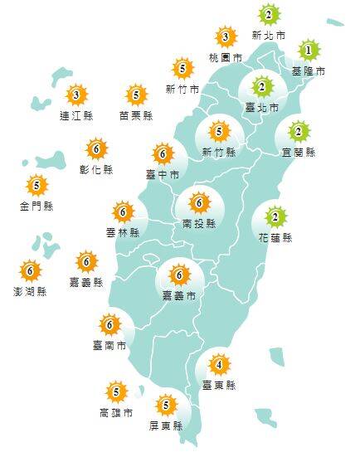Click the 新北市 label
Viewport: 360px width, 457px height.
click(268, 36)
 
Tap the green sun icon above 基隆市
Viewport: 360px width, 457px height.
click(309, 51)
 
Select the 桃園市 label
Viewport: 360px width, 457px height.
click(226, 58)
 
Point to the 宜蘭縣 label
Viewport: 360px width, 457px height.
click(299, 153)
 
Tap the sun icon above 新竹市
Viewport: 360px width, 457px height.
click(182, 67)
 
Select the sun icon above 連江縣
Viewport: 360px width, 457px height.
click(76, 95)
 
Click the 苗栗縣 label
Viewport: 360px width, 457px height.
click(135, 116)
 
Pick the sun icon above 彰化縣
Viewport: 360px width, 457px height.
click(97, 149)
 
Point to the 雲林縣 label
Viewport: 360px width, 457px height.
click(123, 234)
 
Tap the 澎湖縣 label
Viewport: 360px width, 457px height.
click(31, 292)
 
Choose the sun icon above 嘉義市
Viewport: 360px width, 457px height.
click(178, 274)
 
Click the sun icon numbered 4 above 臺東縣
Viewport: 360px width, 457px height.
click(219, 364)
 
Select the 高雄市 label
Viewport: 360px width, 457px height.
click(115, 412)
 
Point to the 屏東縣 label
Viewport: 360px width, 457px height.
click(167, 426)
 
